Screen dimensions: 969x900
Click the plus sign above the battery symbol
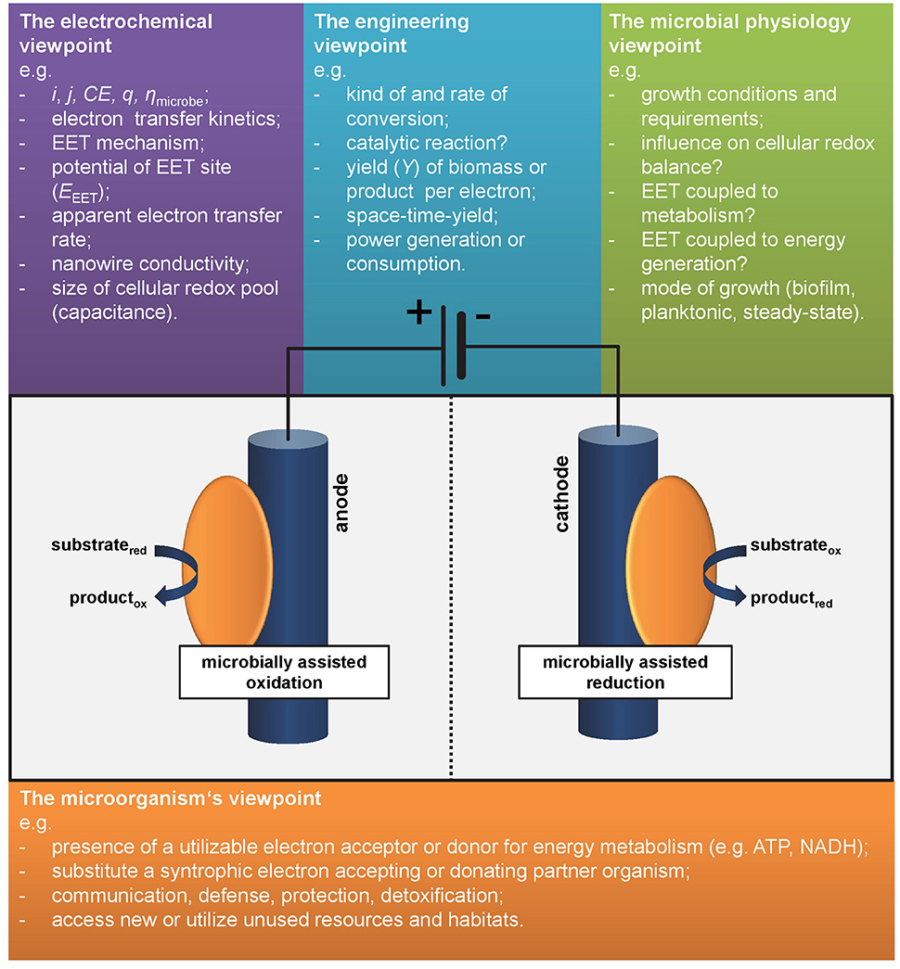point(419,312)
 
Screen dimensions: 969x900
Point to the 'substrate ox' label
point(795,547)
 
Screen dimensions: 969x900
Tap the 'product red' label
point(791,599)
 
